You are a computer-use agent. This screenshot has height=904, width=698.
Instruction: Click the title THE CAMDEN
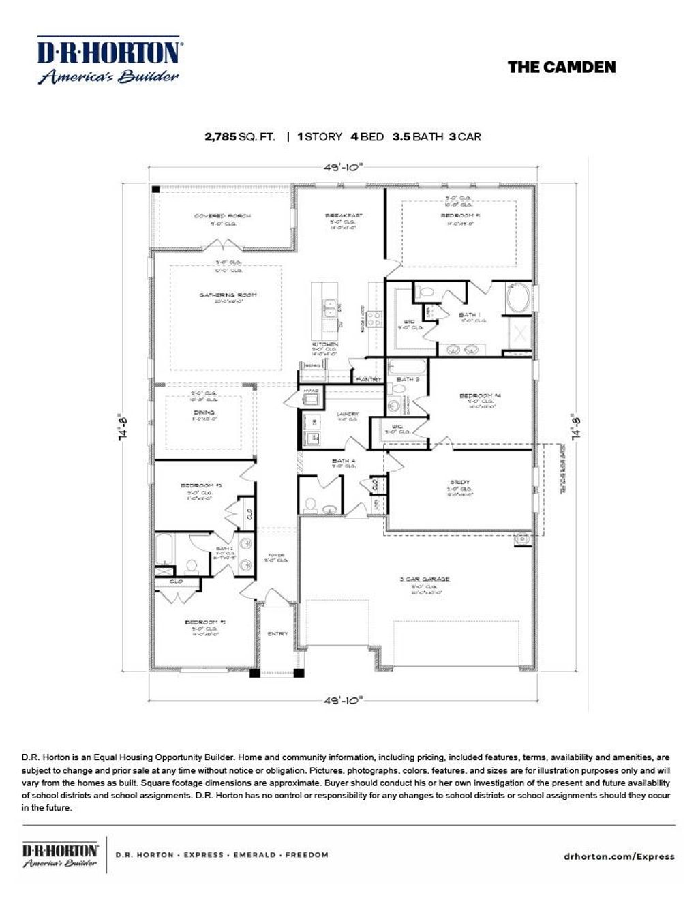click(x=561, y=67)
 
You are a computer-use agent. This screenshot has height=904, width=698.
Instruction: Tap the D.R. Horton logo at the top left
click(x=108, y=61)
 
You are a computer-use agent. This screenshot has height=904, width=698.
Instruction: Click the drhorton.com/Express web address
click(x=620, y=856)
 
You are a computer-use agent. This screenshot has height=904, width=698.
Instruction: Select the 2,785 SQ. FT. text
click(x=240, y=136)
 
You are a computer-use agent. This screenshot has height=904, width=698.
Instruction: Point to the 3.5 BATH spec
click(x=417, y=136)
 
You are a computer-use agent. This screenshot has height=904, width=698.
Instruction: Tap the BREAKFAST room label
click(x=344, y=215)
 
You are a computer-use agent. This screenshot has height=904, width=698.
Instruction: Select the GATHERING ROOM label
click(x=228, y=295)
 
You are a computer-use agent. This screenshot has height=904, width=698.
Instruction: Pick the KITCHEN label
click(x=324, y=344)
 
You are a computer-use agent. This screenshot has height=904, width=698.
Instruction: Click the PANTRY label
click(x=369, y=378)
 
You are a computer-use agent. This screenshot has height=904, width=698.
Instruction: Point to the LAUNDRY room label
click(x=348, y=414)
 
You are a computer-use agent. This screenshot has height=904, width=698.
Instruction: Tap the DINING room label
click(x=204, y=412)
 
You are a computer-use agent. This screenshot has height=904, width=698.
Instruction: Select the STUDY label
click(x=459, y=482)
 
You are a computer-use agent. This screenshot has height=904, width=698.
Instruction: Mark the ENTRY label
click(x=277, y=633)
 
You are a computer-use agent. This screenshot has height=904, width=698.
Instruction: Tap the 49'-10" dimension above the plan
click(x=344, y=166)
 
